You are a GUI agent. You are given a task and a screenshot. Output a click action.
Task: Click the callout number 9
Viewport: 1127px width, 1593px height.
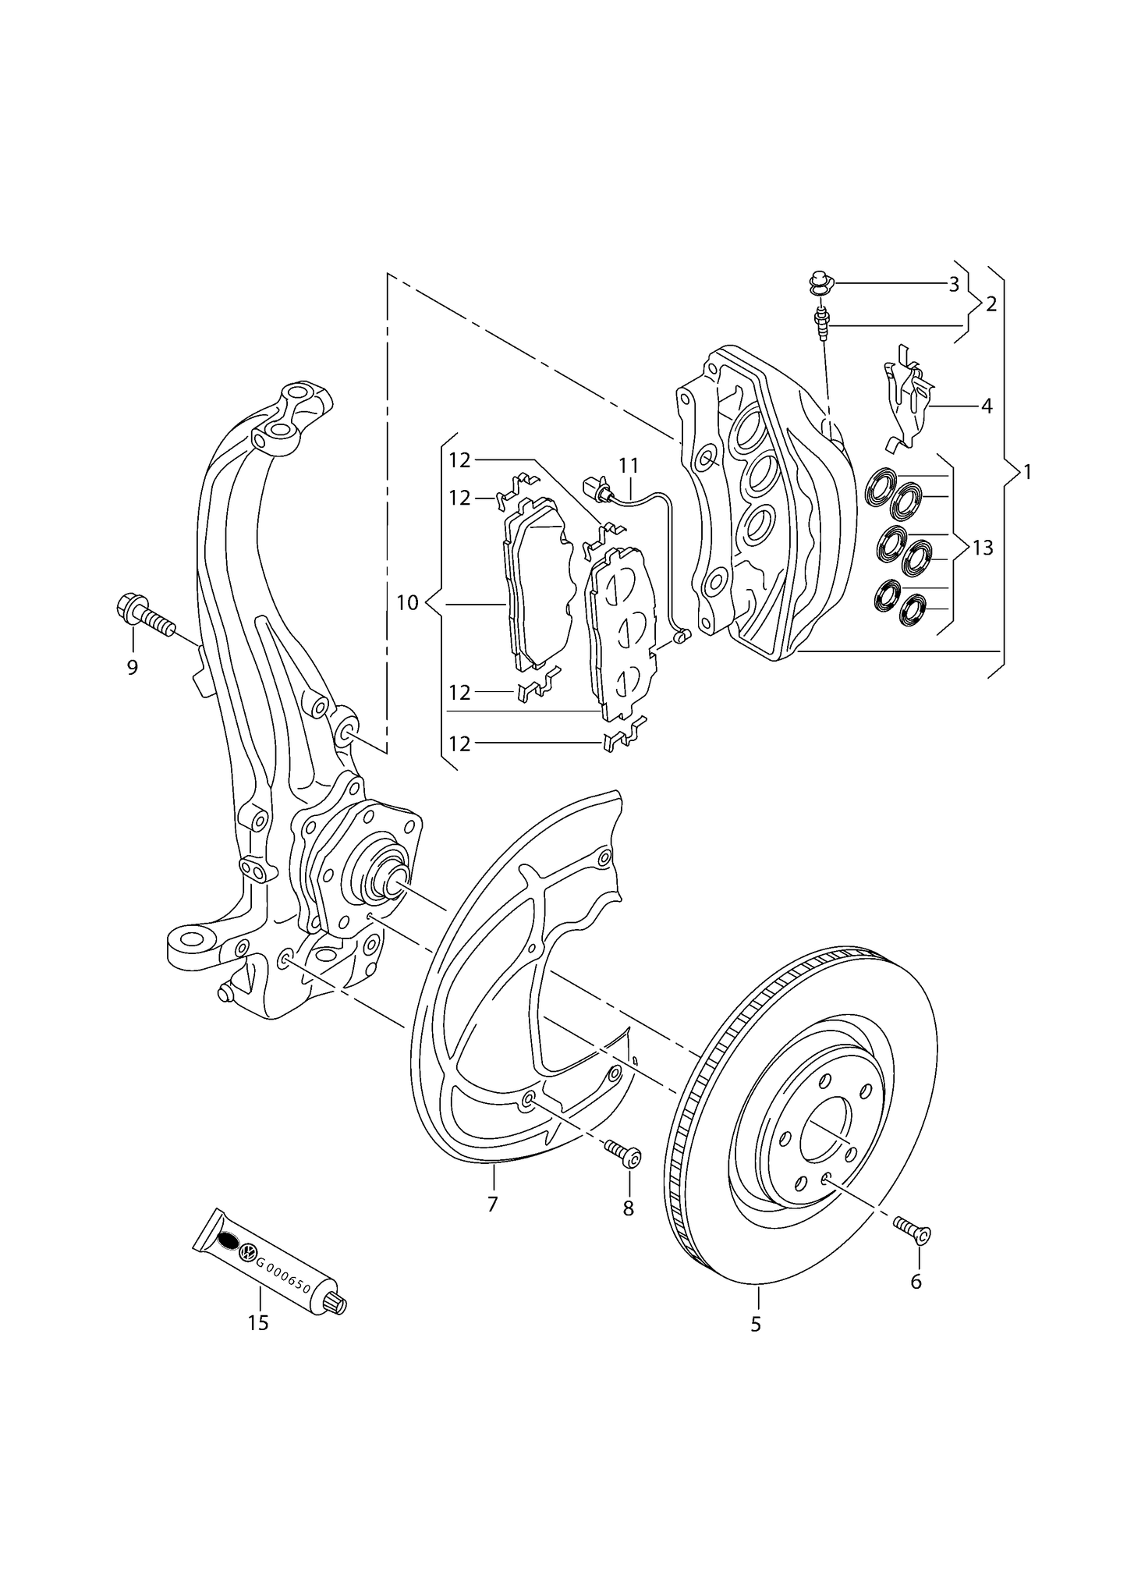coord(132,667)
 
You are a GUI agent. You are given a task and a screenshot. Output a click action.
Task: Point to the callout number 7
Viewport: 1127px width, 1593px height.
coord(492,1205)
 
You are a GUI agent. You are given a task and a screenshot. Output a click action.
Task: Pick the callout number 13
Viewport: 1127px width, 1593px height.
coord(983,548)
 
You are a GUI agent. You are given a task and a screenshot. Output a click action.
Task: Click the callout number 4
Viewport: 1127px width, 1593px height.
coord(986,406)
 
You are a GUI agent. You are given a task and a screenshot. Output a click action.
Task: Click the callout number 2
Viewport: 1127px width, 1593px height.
coord(991,304)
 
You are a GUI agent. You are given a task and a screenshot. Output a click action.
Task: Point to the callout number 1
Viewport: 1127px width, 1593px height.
coord(1027,472)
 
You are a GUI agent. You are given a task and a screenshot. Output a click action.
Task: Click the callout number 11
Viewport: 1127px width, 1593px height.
coord(629,466)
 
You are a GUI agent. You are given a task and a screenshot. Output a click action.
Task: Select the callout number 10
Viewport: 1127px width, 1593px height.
coord(407,603)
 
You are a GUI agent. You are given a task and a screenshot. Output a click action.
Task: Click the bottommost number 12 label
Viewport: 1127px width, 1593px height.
coord(459,744)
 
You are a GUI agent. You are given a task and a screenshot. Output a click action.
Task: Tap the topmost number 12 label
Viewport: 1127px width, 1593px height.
coord(459,460)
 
